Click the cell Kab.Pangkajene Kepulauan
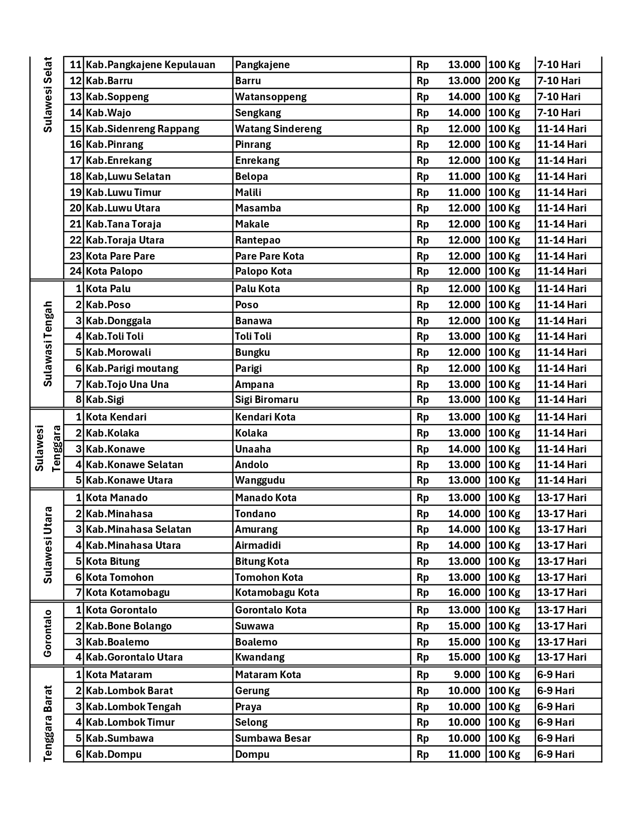pyautogui.click(x=150, y=65)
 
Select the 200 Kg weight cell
pyautogui.click(x=504, y=81)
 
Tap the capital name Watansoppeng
pyautogui.click(x=271, y=97)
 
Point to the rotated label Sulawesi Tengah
pyautogui.click(x=48, y=344)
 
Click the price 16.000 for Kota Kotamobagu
pyautogui.click(x=464, y=592)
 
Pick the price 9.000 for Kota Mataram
pyautogui.click(x=467, y=675)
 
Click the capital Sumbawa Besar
pyautogui.click(x=273, y=738)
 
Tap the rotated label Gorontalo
pyautogui.click(x=48, y=634)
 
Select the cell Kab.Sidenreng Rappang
pyautogui.click(x=142, y=129)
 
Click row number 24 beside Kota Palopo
pyautogui.click(x=75, y=271)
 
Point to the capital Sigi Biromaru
pyautogui.click(x=267, y=399)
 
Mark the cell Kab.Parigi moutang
pyautogui.click(x=132, y=368)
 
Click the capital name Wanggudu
pyautogui.click(x=260, y=480)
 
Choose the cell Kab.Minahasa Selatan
pyautogui.click(x=138, y=529)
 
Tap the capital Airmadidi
pyautogui.click(x=258, y=545)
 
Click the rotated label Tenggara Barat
pyautogui.click(x=48, y=723)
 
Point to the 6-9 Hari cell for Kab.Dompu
pyautogui.click(x=556, y=754)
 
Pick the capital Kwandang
pyautogui.click(x=260, y=657)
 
